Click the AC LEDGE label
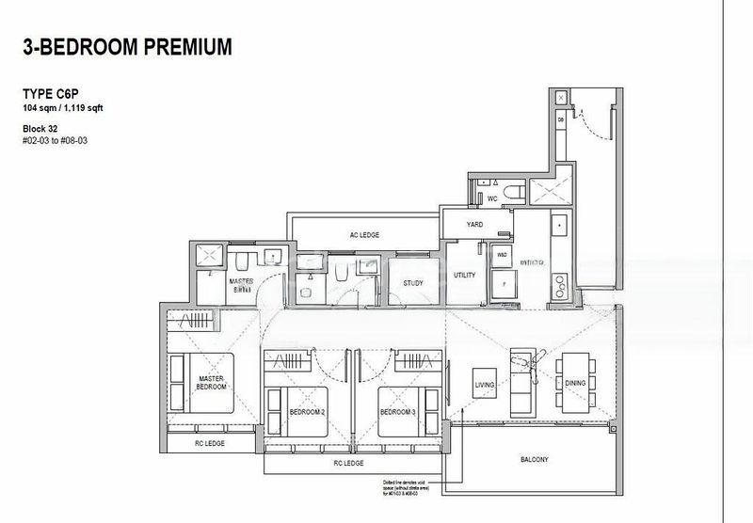[x=363, y=234]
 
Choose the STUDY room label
[x=411, y=283]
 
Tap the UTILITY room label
[x=464, y=276]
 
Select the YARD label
[x=475, y=225]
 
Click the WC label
[x=491, y=199]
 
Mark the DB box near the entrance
[x=560, y=120]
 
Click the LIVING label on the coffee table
[x=485, y=384]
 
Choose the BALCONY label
[x=534, y=460]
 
